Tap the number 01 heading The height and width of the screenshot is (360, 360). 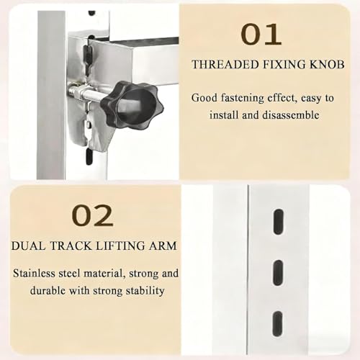(x=261, y=35)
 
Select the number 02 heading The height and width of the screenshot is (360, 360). (x=92, y=215)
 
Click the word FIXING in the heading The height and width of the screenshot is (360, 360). (x=284, y=64)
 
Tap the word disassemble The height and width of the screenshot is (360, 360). (x=290, y=115)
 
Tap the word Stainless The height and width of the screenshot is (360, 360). (x=34, y=274)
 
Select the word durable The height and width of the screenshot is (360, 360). (x=48, y=290)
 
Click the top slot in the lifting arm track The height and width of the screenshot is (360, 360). (x=278, y=222)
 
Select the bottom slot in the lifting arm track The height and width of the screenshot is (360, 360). (x=277, y=325)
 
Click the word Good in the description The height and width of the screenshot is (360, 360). (x=204, y=98)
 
